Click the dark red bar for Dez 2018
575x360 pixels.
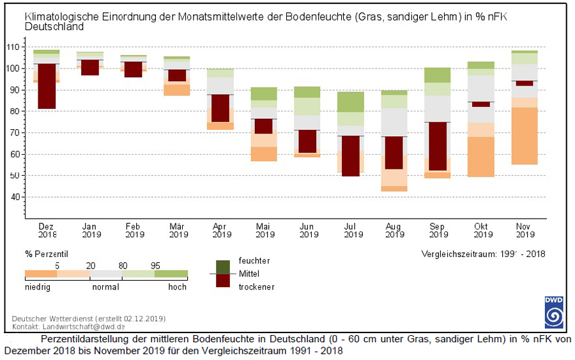47,86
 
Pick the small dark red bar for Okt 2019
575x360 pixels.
481,104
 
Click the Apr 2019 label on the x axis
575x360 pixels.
220,230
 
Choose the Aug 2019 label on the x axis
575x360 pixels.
394,230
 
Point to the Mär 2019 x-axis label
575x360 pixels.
177,230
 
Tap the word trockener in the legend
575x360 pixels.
257,286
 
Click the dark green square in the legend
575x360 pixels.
223,266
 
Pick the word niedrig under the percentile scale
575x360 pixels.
38,287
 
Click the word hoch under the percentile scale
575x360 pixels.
178,287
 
